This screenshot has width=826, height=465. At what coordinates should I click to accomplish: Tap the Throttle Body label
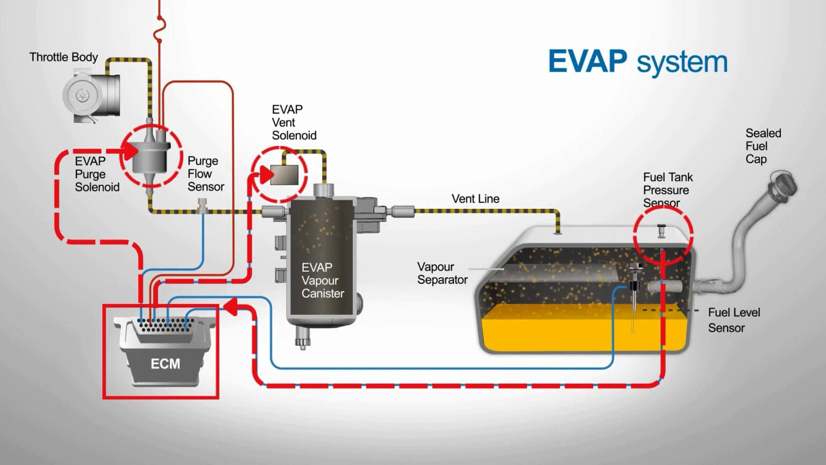(x=63, y=57)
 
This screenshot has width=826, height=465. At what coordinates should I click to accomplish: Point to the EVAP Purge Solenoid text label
(x=97, y=174)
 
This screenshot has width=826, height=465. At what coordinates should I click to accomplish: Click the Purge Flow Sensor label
(x=205, y=174)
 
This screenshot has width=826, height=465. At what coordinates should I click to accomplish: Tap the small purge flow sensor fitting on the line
(x=202, y=205)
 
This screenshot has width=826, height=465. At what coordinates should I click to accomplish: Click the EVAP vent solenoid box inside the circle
(x=284, y=175)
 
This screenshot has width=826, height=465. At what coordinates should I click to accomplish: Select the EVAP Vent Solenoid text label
(x=294, y=122)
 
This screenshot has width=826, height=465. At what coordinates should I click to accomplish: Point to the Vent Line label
(x=475, y=199)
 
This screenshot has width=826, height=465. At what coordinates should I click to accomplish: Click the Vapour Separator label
(x=442, y=273)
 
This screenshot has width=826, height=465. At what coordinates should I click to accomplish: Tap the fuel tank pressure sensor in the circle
(x=662, y=230)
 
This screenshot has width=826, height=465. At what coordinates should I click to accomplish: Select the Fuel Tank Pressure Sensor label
(x=667, y=190)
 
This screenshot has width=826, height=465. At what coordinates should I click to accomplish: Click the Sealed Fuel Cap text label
(x=763, y=146)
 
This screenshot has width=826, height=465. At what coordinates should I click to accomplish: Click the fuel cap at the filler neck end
(x=782, y=185)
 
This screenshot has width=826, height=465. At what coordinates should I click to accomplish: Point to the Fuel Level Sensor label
(x=733, y=320)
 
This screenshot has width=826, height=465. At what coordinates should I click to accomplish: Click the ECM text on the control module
(x=165, y=364)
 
